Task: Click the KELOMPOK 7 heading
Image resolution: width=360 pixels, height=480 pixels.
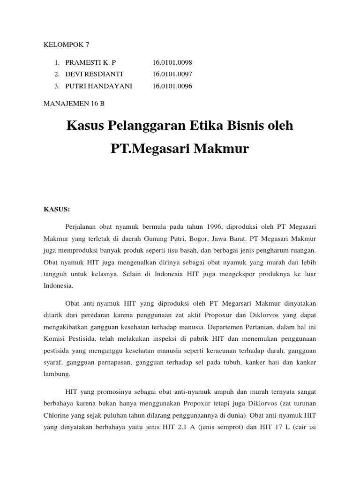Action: [x=66, y=45]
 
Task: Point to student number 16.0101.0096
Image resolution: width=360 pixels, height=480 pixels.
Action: [x=172, y=86]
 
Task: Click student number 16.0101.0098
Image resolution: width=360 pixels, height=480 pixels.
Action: [x=172, y=62]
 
